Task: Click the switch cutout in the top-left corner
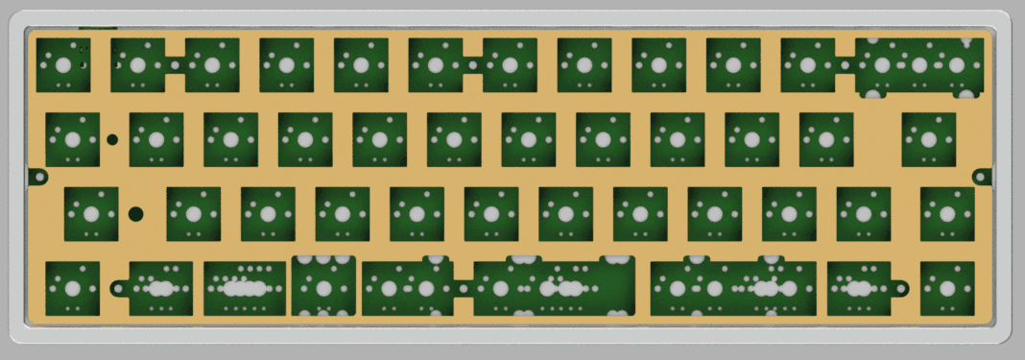(x=62, y=65)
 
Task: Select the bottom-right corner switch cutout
(x=946, y=288)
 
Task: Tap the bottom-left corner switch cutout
(x=71, y=288)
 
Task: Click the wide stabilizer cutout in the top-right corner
(x=919, y=66)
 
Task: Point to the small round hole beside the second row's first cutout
(x=112, y=140)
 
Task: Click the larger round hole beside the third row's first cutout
(x=136, y=213)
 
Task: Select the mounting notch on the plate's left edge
(x=37, y=177)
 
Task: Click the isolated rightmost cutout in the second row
(x=928, y=139)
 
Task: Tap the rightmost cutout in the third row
(x=946, y=213)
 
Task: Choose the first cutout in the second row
(x=72, y=139)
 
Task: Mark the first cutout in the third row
(x=90, y=213)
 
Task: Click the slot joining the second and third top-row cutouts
(x=176, y=65)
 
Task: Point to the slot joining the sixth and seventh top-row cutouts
(x=473, y=65)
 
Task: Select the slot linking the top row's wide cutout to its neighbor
(x=845, y=65)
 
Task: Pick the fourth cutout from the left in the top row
(x=286, y=65)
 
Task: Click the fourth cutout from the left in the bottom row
(x=323, y=287)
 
